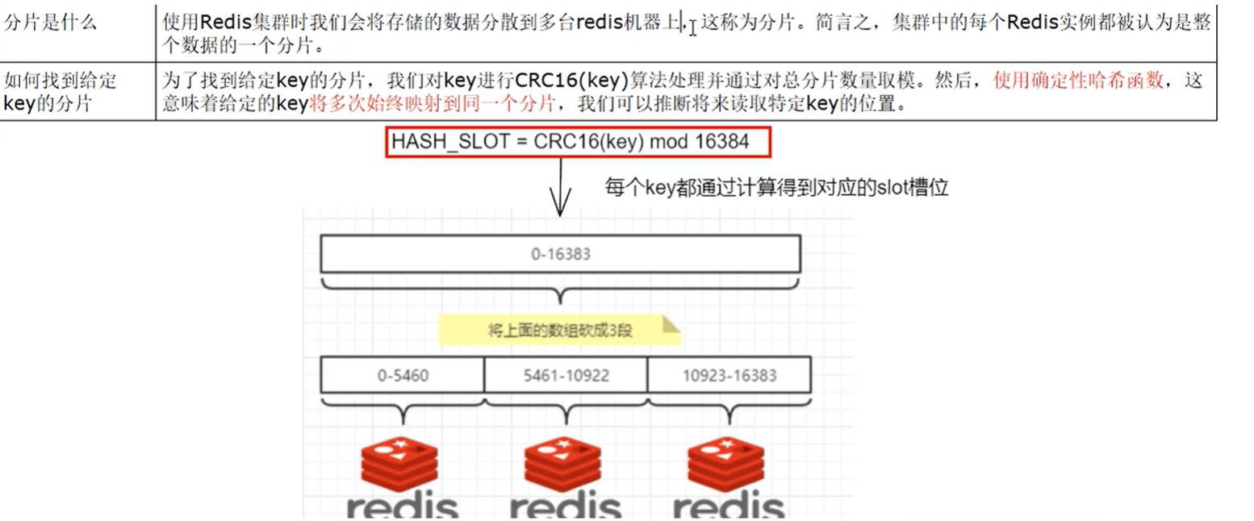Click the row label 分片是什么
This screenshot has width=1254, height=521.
click(x=51, y=23)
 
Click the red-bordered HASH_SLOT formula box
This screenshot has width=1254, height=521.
click(x=579, y=142)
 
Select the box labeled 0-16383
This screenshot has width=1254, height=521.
click(x=560, y=254)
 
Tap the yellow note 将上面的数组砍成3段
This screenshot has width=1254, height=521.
click(x=559, y=330)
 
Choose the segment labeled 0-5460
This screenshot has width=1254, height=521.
click(x=402, y=375)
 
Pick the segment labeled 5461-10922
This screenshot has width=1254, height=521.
click(x=566, y=375)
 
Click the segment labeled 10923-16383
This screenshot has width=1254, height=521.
click(x=729, y=375)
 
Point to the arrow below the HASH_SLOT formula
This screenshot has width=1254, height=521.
click(x=560, y=187)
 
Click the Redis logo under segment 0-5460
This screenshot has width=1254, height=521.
click(x=400, y=476)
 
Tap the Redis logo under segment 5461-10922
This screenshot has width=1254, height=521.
click(x=563, y=476)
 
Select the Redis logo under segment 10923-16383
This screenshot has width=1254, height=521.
click(x=726, y=476)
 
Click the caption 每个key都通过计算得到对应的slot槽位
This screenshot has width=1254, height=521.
click(x=776, y=188)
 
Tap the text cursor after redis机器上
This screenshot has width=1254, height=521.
click(x=692, y=27)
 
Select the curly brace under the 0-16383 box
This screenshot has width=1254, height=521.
click(x=560, y=286)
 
